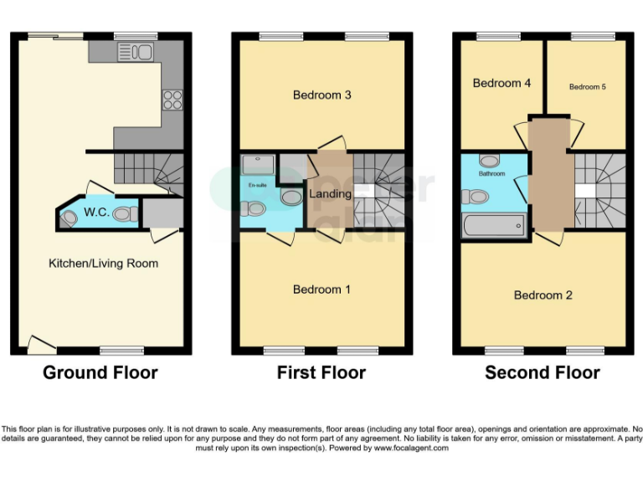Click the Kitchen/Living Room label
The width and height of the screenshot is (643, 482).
pyautogui.click(x=103, y=264)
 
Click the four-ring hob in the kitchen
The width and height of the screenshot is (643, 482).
pyautogui.click(x=172, y=100)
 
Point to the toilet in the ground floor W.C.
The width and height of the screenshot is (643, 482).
pyautogui.click(x=124, y=214)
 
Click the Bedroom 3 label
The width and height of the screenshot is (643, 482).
pyautogui.click(x=321, y=95)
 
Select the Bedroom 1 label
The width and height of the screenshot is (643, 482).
pyautogui.click(x=321, y=290)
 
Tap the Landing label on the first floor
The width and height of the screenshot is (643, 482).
pyautogui.click(x=330, y=194)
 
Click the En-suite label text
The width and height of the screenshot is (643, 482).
pyautogui.click(x=257, y=184)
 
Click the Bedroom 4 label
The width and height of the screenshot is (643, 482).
pyautogui.click(x=502, y=84)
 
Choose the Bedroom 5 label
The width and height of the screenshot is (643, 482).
pyautogui.click(x=587, y=87)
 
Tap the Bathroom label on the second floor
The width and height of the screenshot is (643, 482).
pyautogui.click(x=491, y=174)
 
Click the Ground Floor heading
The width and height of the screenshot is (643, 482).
pyautogui.click(x=100, y=372)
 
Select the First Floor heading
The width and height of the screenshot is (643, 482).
pyautogui.click(x=321, y=372)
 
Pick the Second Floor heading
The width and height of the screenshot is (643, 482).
pyautogui.click(x=543, y=372)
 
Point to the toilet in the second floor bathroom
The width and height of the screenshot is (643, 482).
pyautogui.click(x=476, y=197)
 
